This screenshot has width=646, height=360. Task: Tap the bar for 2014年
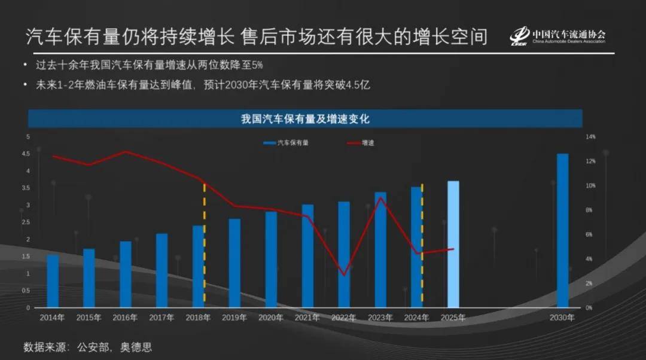coord(53,281)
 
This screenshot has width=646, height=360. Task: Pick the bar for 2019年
coord(234,263)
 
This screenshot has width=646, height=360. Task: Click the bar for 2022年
coord(344,254)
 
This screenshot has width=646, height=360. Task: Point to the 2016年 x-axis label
coord(125,318)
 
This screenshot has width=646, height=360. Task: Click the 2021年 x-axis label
coord(307,318)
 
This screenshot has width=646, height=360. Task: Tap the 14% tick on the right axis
coord(590,137)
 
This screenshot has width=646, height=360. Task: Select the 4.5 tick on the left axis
coord(26,154)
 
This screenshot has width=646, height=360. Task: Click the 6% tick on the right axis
coord(589,234)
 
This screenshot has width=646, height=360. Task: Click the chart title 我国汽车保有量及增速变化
coord(305,119)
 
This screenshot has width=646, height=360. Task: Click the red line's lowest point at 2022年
coord(343,276)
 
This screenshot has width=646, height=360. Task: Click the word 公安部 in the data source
coord(95,347)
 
